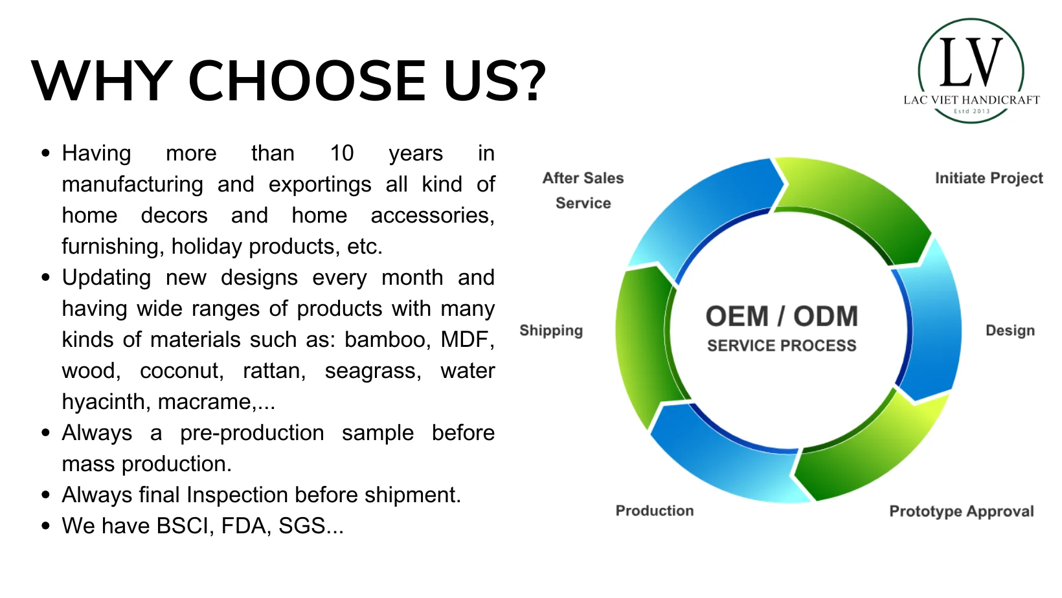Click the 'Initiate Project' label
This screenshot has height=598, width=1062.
pos(989,178)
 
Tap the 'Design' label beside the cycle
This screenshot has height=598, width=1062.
pos(1010,330)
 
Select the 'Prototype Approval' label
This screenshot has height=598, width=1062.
pos(961,511)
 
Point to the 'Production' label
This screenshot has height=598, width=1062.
pos(654,511)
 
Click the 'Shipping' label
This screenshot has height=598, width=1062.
pos(551,330)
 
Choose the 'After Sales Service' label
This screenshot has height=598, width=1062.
pos(583,190)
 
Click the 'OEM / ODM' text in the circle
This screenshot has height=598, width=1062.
pos(782,316)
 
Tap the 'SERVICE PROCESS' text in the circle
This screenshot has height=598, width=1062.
pos(782,346)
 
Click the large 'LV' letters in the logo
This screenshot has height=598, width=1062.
pos(971,62)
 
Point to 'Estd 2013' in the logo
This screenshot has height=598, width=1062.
pos(972,111)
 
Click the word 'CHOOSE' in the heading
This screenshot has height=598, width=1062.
pos(307,80)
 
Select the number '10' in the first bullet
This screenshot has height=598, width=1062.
pos(341,153)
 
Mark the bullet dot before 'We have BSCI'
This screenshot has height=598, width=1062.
pos(45,526)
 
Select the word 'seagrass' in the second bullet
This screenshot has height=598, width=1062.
pos(373,371)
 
